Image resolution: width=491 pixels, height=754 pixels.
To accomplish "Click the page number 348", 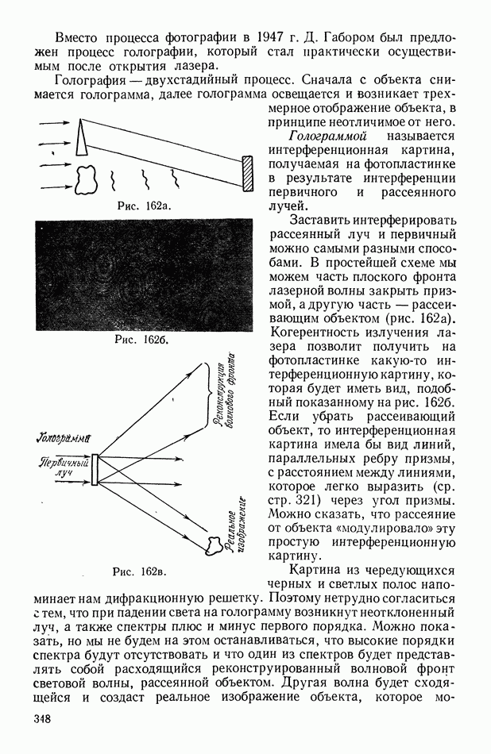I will (x=42, y=719).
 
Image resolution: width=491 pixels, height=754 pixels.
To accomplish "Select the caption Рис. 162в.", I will (x=144, y=571).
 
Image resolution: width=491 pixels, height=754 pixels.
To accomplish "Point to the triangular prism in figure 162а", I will (x=82, y=140).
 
